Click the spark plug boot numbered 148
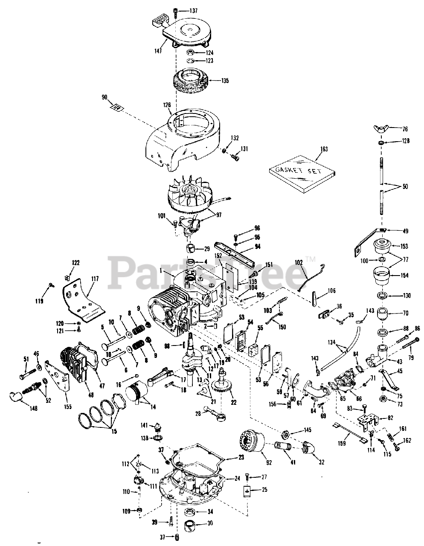coord(17,397)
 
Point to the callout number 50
coord(405,186)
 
